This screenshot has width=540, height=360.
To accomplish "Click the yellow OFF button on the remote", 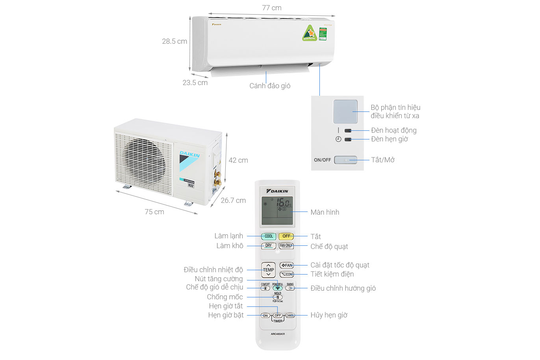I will click(286, 236).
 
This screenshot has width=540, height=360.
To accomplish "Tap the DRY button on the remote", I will click(268, 246).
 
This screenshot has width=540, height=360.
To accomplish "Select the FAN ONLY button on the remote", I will click(286, 246).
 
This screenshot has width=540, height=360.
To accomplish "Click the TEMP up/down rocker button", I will click(268, 270).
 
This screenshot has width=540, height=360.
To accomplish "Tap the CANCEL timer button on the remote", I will click(290, 315).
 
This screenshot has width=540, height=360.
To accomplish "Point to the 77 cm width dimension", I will click(272, 8).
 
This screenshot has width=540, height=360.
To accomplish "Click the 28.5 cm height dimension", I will click(174, 41).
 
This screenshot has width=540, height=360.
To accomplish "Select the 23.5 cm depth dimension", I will click(195, 83).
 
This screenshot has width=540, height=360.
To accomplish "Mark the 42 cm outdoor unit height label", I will click(238, 160).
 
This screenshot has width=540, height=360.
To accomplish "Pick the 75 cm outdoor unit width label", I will click(154, 212).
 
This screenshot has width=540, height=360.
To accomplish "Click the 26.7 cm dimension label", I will click(233, 200).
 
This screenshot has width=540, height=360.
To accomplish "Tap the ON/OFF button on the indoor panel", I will click(345, 160).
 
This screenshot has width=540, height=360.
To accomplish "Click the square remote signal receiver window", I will click(345, 111).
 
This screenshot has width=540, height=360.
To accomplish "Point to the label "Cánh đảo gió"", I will click(270, 86).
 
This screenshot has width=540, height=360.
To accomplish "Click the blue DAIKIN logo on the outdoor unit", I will click(190, 154).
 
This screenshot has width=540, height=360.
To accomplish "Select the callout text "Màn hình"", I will click(325, 212).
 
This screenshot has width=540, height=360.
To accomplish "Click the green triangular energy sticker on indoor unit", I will click(310, 33).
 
